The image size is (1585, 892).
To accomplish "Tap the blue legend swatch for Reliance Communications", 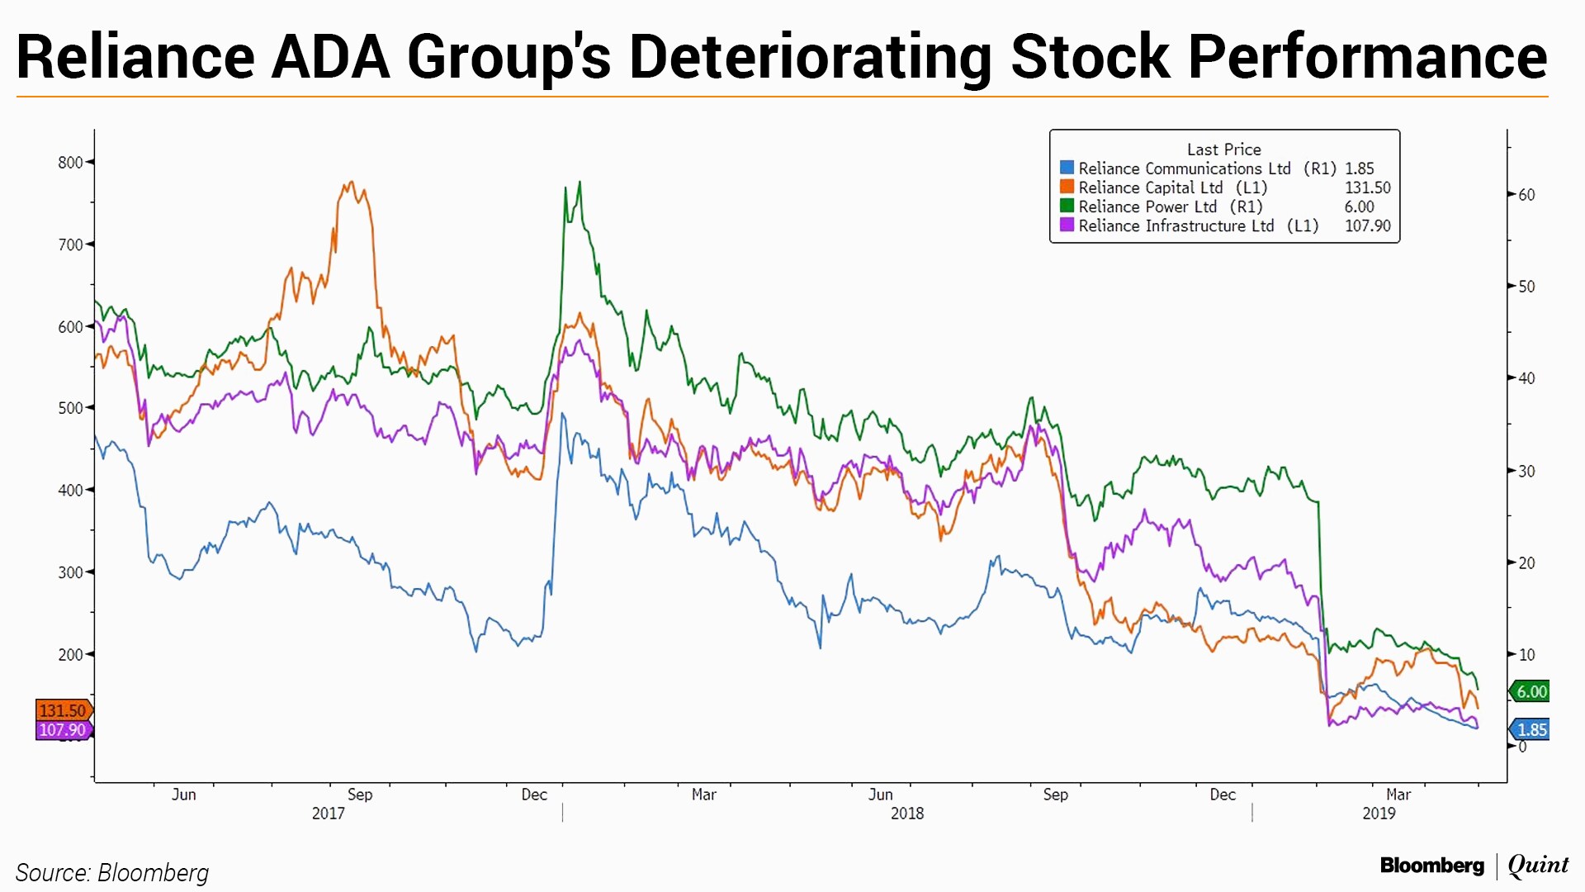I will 1067,168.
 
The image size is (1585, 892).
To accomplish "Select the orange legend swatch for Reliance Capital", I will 1067,187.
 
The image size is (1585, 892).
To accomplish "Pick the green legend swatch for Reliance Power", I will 1067,206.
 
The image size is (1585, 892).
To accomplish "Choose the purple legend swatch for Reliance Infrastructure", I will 1067,225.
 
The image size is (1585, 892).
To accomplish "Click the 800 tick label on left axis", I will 70,163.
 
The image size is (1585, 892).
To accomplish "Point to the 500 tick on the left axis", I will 70,408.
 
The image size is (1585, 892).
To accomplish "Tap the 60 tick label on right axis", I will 1527,195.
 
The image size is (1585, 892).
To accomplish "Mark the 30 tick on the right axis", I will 1527,471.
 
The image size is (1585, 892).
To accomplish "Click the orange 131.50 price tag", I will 63,710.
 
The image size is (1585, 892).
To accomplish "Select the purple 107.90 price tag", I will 63,730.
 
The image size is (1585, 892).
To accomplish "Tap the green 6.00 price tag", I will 1531,692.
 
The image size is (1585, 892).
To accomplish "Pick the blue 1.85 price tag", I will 1531,730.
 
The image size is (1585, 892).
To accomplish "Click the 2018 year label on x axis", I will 906,814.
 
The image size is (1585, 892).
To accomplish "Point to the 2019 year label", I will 1379,814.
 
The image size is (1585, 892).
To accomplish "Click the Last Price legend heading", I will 1223,149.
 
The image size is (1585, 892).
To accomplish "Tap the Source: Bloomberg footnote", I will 112,873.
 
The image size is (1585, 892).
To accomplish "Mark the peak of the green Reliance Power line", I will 580,183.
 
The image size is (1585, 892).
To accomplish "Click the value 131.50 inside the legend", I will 1367,187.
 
